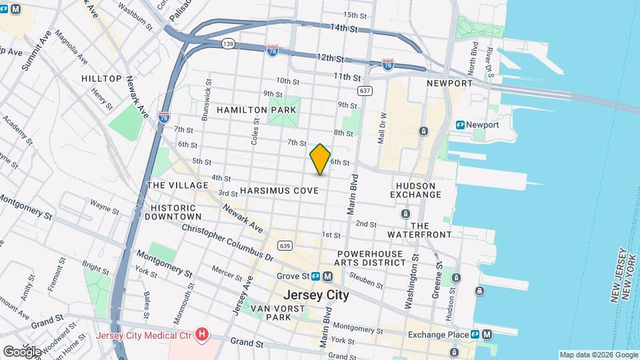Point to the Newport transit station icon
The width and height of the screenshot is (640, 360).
[x=460, y=125]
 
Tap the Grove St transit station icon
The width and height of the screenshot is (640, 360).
[x=315, y=276]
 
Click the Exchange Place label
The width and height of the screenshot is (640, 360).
[x=437, y=334]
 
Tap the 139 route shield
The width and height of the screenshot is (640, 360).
[x=228, y=43]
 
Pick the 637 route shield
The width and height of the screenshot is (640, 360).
[x=364, y=90]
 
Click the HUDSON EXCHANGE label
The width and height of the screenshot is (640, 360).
[x=416, y=190]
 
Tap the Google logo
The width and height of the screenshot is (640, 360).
[x=22, y=351]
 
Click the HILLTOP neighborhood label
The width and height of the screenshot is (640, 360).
[x=101, y=79]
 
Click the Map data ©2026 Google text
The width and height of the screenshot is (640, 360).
[x=598, y=355]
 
